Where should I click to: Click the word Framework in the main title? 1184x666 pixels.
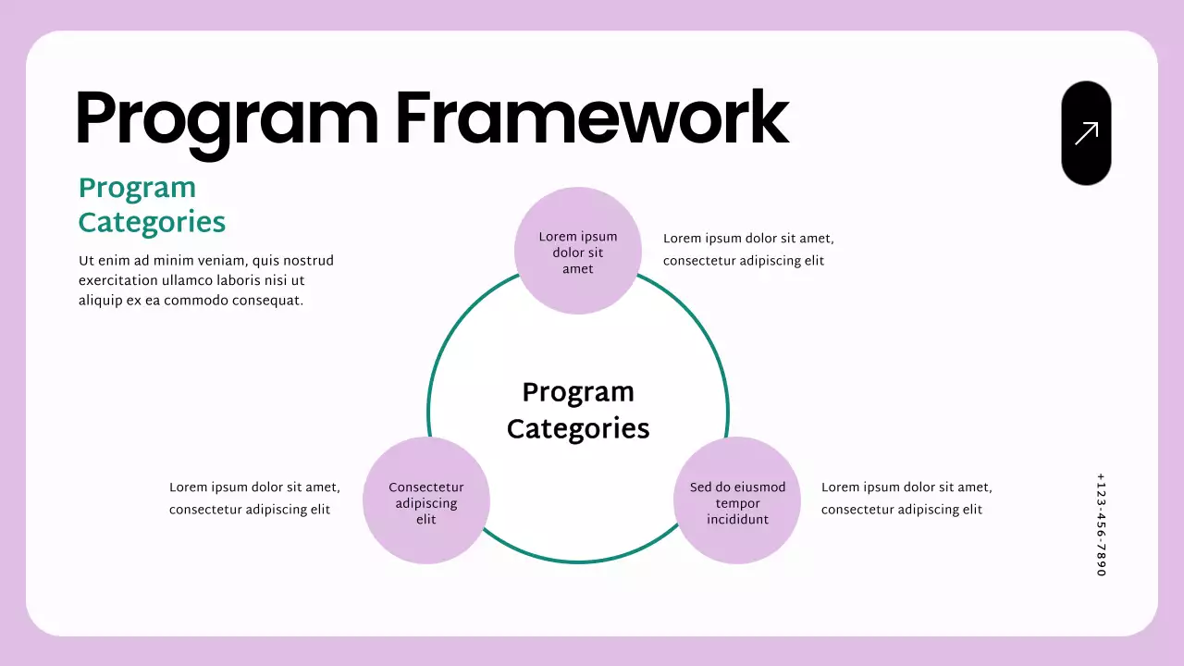click(592, 118)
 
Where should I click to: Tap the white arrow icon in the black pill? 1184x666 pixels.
click(1086, 133)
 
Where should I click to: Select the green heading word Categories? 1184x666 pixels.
click(152, 223)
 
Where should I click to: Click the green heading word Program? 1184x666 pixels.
click(137, 188)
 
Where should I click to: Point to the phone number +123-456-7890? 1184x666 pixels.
click(1101, 524)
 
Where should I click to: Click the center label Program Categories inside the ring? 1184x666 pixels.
click(578, 410)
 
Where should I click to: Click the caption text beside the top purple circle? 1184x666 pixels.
click(747, 250)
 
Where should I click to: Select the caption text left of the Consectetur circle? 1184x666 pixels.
click(254, 499)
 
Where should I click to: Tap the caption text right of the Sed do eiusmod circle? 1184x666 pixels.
click(906, 499)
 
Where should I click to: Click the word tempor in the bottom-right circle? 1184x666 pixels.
click(737, 504)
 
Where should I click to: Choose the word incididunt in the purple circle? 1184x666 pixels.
click(737, 520)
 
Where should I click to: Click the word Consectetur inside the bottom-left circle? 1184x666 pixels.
click(426, 487)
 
